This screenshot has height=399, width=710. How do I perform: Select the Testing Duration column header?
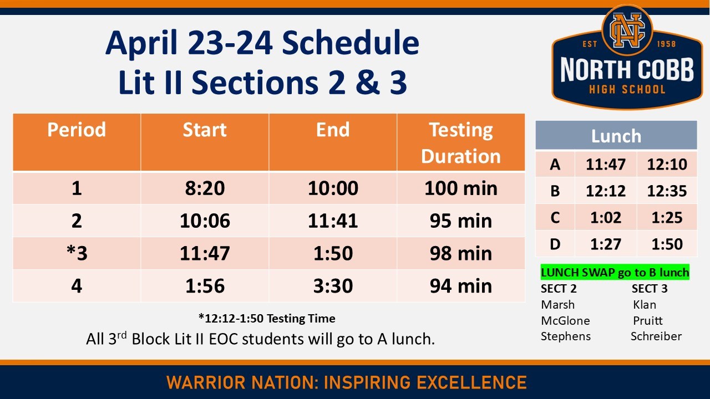pyautogui.click(x=460, y=142)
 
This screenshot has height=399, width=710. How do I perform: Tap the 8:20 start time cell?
pyautogui.click(x=205, y=188)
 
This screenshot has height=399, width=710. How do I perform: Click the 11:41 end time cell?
pyautogui.click(x=333, y=221)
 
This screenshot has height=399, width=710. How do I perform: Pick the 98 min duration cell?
pyautogui.click(x=460, y=253)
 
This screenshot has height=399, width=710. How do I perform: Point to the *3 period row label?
pyautogui.click(x=77, y=253)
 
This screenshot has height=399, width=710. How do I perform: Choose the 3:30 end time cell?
pyautogui.click(x=333, y=285)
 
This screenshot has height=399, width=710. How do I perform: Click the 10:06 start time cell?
pyautogui.click(x=205, y=221)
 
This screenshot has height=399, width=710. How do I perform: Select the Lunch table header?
pyautogui.click(x=616, y=136)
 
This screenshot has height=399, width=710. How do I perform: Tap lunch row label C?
pyautogui.click(x=555, y=218)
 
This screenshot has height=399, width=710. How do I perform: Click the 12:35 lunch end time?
pyautogui.click(x=667, y=191)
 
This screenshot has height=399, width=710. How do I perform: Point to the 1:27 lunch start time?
pyautogui.click(x=606, y=244)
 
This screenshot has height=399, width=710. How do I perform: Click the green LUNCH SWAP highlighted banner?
pyautogui.click(x=615, y=272)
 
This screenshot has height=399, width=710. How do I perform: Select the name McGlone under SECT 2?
pyautogui.click(x=565, y=320)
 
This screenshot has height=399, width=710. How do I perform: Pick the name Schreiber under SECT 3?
pyautogui.click(x=656, y=336)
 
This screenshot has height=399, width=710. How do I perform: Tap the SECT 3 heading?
pyautogui.click(x=649, y=289)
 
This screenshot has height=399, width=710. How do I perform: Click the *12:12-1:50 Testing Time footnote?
pyautogui.click(x=266, y=318)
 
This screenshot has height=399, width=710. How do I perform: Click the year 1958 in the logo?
pyautogui.click(x=666, y=44)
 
